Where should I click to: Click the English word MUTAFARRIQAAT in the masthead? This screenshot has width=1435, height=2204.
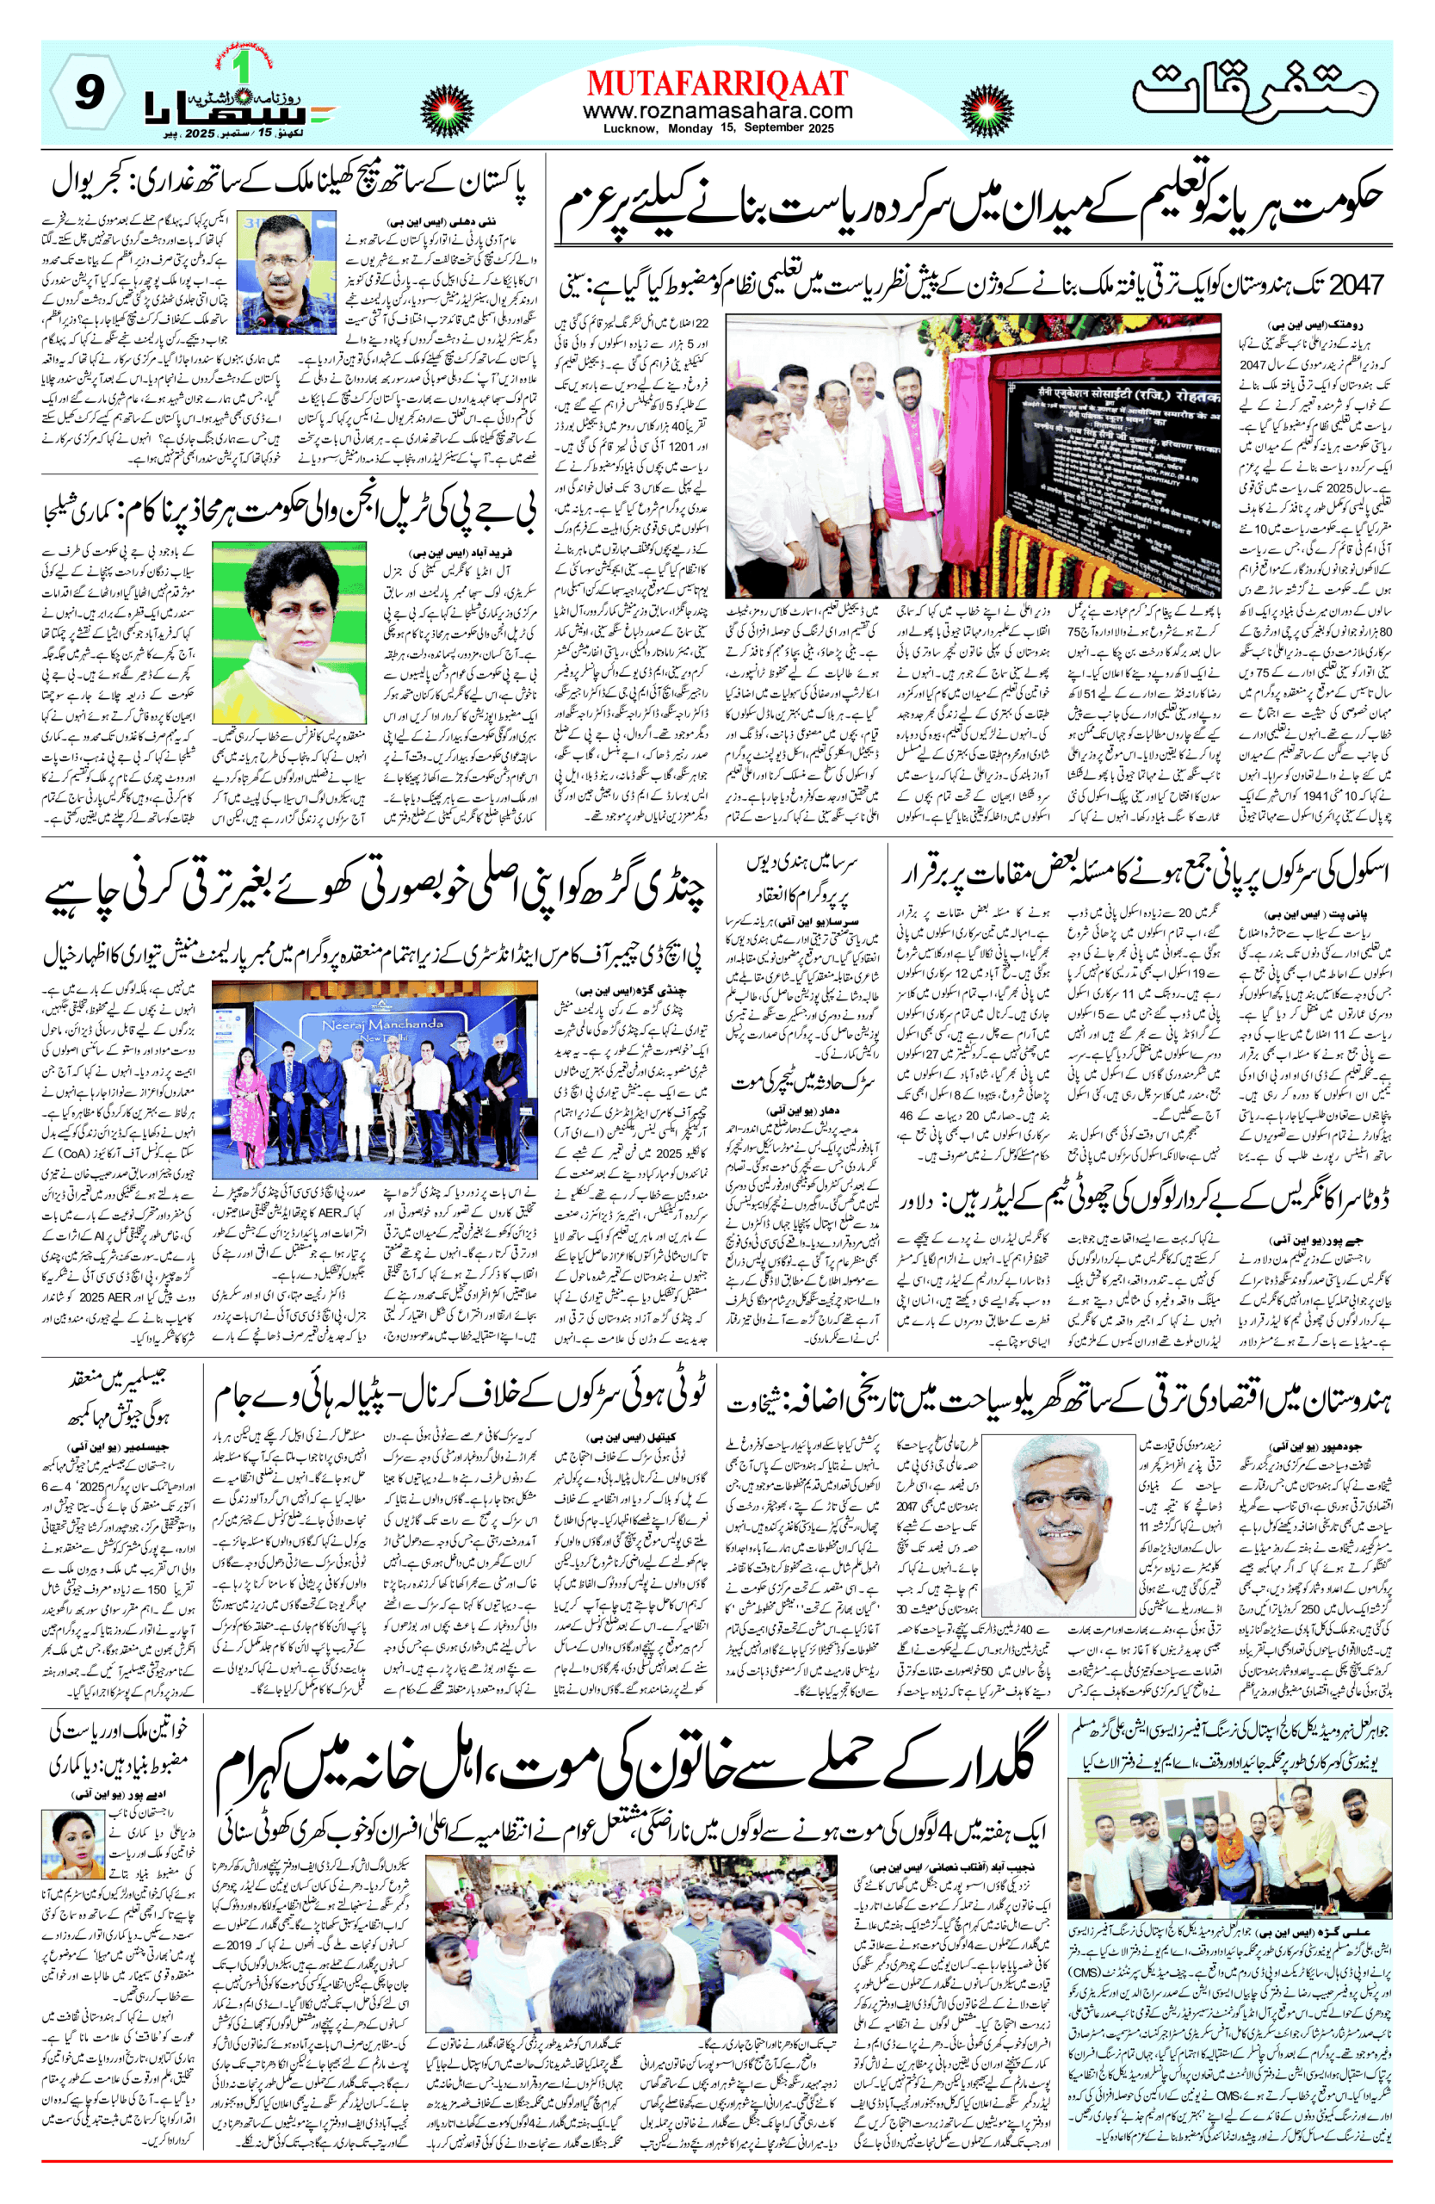[718, 84]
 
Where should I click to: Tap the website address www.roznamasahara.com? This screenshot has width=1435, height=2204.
[718, 111]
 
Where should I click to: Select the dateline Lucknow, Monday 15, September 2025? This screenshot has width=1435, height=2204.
[718, 129]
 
